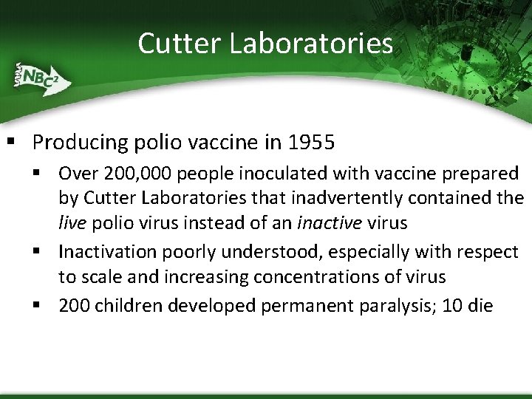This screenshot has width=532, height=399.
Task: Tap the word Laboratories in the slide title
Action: (x=311, y=43)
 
